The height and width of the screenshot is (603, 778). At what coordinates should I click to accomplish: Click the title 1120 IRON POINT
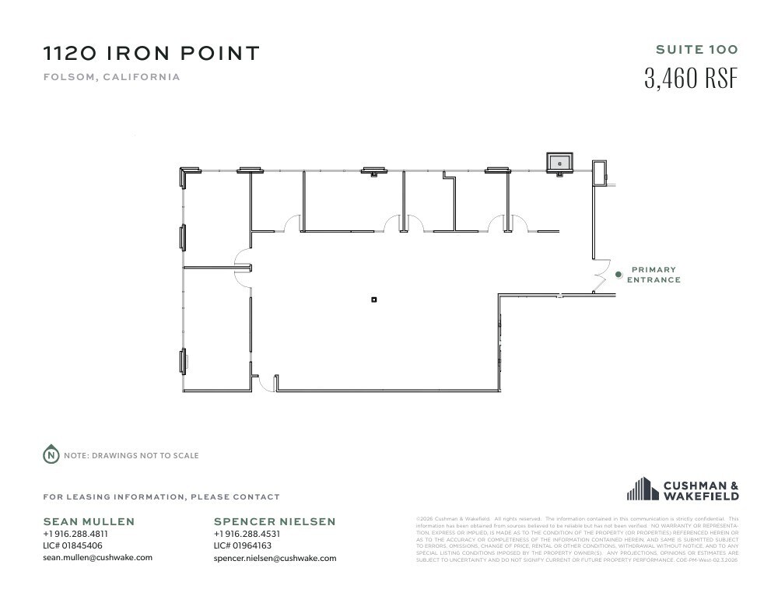coord(151,54)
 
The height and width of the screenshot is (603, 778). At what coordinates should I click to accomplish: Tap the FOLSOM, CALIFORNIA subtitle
coord(111,77)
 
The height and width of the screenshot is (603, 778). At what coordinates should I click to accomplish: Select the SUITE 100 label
coord(696,50)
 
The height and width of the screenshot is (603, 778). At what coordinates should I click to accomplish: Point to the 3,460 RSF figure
coord(690,79)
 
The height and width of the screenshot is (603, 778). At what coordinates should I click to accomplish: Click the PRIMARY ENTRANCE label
coord(654,275)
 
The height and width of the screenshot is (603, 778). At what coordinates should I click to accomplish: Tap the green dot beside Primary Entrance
coord(619,274)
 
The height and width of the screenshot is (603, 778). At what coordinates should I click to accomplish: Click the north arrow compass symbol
coord(51,455)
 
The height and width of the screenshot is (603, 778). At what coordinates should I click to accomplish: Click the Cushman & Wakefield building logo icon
coord(643,489)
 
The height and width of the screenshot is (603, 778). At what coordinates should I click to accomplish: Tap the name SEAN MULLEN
coord(89,521)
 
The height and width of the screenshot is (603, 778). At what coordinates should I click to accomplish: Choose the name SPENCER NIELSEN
coord(275,521)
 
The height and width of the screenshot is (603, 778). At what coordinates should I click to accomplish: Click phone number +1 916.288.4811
coord(75,535)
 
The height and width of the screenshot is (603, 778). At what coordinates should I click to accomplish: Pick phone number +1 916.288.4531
coord(247,535)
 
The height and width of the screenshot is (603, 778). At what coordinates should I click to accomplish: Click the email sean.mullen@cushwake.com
coord(97,557)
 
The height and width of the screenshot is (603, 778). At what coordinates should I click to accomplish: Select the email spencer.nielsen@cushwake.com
coord(275,558)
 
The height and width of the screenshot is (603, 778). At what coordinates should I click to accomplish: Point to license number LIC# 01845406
coord(74,545)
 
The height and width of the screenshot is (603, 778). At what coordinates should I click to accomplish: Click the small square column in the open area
coord(374,300)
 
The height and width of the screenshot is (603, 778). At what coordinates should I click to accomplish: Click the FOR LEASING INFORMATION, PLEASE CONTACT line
coord(161,496)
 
